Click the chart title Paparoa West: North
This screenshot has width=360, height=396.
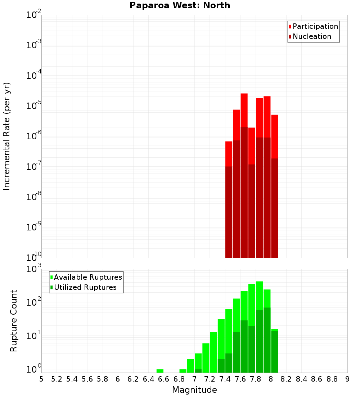click(x=180, y=5)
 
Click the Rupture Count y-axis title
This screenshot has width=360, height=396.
click(x=14, y=320)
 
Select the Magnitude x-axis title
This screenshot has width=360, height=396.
click(x=194, y=390)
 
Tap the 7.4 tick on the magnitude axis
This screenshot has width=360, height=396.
click(x=225, y=379)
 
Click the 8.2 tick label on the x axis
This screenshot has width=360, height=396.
click(x=286, y=379)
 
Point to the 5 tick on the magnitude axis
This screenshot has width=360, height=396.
click(x=41, y=379)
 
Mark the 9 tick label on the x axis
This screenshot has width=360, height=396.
click(x=347, y=379)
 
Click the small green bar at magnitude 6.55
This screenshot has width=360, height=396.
click(x=160, y=371)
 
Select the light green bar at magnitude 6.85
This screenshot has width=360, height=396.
click(x=183, y=371)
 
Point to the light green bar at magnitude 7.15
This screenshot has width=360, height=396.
click(x=206, y=358)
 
